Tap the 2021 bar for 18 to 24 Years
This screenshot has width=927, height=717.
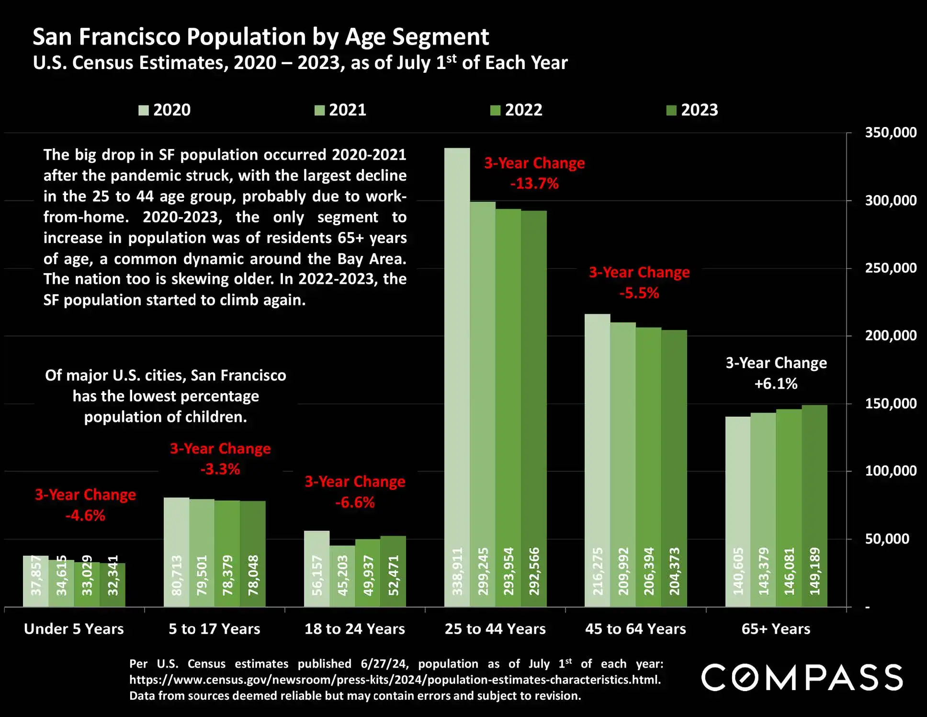tap(342, 576)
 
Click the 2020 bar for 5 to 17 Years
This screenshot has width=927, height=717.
tap(176, 552)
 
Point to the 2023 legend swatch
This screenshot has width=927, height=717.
tap(671, 111)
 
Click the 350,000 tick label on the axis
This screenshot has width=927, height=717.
tap(890, 133)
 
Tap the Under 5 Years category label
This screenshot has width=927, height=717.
tap(74, 629)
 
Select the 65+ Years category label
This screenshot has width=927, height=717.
tap(776, 629)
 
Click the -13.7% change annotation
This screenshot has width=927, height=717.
tap(534, 184)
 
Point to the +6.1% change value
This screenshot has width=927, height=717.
tap(776, 384)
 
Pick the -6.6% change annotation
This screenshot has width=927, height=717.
tap(355, 502)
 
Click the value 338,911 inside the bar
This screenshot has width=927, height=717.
tap(457, 571)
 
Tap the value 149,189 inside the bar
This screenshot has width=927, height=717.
tap(815, 571)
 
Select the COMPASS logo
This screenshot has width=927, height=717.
tap(802, 678)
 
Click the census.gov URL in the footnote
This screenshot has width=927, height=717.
tap(395, 680)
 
